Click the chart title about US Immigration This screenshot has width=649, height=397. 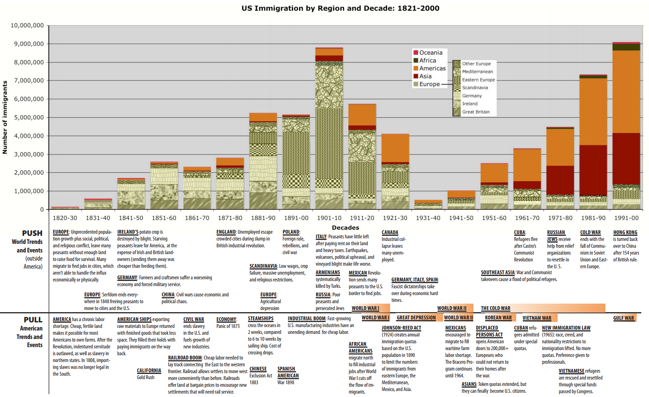tap(340, 8)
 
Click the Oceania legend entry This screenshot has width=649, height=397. tap(430, 52)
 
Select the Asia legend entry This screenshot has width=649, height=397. tap(425, 76)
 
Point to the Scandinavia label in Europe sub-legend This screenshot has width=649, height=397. tap(475, 88)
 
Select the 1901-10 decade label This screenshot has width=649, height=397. tap(329, 218)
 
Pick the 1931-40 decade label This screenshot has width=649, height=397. tap(428, 218)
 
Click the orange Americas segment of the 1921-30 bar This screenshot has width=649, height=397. tap(395, 148)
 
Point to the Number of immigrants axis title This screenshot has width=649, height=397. tap(5, 117)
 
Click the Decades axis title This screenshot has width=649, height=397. tap(345, 228)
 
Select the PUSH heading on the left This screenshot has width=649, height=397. tap(32, 233)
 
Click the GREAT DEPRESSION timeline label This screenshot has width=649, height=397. tap(416, 318)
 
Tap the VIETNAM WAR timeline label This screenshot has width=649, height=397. tap(537, 318)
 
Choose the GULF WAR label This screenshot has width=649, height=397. tap(623, 318)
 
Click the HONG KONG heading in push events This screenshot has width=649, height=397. tap(625, 232)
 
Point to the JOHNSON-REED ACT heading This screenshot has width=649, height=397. tap(401, 328)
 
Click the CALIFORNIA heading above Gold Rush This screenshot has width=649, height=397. tap(149, 371)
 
